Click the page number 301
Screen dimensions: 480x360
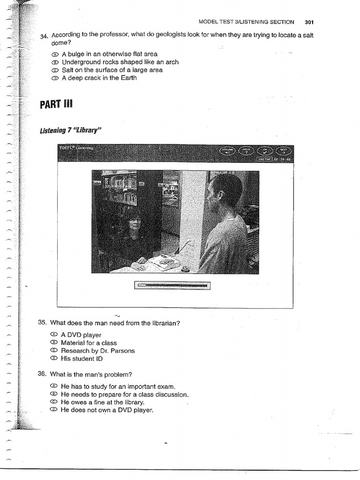(x=309, y=22)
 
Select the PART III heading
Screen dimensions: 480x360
(x=57, y=104)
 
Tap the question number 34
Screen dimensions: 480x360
(x=45, y=37)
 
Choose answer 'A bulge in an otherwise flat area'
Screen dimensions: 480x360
(x=109, y=54)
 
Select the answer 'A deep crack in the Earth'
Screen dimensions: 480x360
(x=99, y=78)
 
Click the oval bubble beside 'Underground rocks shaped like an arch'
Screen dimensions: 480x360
(x=54, y=62)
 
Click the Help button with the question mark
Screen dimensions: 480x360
(x=247, y=151)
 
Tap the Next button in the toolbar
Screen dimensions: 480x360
(x=283, y=151)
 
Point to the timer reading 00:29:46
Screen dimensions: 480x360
(x=282, y=159)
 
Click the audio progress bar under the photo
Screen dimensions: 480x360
(x=172, y=285)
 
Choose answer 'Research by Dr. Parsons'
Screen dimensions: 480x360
(x=97, y=351)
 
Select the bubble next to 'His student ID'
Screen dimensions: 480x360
(x=53, y=359)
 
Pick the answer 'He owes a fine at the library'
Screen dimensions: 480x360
(x=103, y=402)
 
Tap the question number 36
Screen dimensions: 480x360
(x=43, y=374)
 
